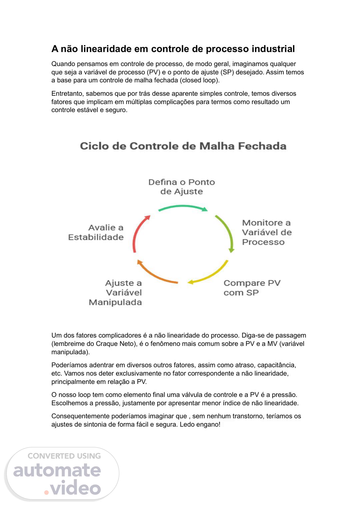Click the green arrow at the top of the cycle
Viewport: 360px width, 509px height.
[183, 207]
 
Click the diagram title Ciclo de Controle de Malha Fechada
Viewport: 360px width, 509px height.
[183, 146]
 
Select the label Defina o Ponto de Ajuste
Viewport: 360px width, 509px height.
[182, 187]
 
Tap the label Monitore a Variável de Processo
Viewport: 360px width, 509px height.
[267, 232]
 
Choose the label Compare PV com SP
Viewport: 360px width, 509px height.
[252, 288]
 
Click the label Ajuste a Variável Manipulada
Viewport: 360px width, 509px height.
[116, 293]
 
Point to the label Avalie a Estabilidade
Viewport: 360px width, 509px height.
[96, 232]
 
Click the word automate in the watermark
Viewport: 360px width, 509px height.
[57, 470]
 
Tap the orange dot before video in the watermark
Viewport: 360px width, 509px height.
[47, 492]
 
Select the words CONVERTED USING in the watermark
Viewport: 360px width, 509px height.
[64, 456]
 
